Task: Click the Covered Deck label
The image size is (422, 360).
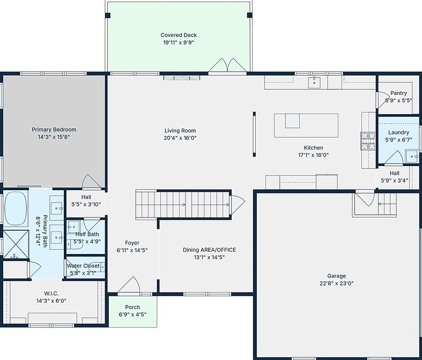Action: pyautogui.click(x=179, y=35)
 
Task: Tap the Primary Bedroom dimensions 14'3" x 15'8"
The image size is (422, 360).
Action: pyautogui.click(x=54, y=137)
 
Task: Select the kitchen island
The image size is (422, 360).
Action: pyautogui.click(x=306, y=125)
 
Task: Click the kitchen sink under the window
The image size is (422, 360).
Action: pyautogui.click(x=314, y=82)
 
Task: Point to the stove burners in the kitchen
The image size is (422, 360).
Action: pyautogui.click(x=368, y=141)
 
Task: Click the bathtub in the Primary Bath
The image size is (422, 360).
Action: pyautogui.click(x=16, y=208)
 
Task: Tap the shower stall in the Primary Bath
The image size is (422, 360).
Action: pyautogui.click(x=16, y=244)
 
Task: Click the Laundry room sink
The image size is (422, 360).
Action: pyautogui.click(x=412, y=156)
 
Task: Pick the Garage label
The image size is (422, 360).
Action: pyautogui.click(x=336, y=276)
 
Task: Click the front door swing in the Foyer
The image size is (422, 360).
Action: pyautogui.click(x=129, y=284)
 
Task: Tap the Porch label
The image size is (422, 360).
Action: pyautogui.click(x=132, y=307)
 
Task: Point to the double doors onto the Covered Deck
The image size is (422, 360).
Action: pyautogui.click(x=227, y=65)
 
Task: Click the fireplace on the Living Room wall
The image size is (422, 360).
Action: pyautogui.click(x=182, y=78)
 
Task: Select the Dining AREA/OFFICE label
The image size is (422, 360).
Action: pyautogui.click(x=209, y=250)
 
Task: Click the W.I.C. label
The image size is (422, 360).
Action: pyautogui.click(x=51, y=294)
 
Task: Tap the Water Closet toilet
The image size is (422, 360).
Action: pyautogui.click(x=97, y=267)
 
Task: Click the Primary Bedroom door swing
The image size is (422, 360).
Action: pyautogui.click(x=92, y=182)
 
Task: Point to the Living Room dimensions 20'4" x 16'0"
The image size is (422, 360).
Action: pyautogui.click(x=180, y=138)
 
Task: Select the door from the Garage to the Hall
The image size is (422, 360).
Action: pyautogui.click(x=365, y=198)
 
